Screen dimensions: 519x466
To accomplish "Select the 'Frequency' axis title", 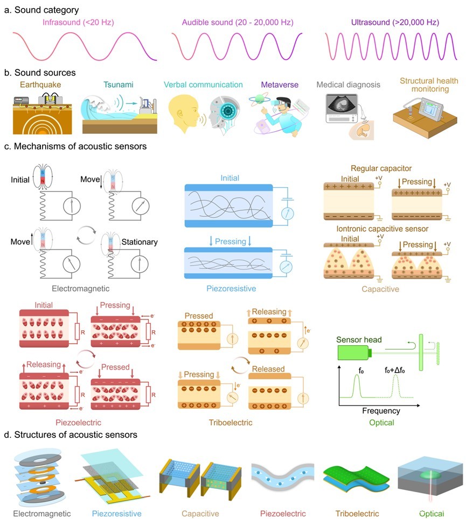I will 380,411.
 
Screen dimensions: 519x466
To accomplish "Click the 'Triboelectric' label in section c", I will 230,423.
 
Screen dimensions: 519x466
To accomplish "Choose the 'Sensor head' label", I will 360,339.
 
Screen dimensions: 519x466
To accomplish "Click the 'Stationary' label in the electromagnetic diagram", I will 140,242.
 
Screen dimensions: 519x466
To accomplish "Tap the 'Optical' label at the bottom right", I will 430,514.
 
